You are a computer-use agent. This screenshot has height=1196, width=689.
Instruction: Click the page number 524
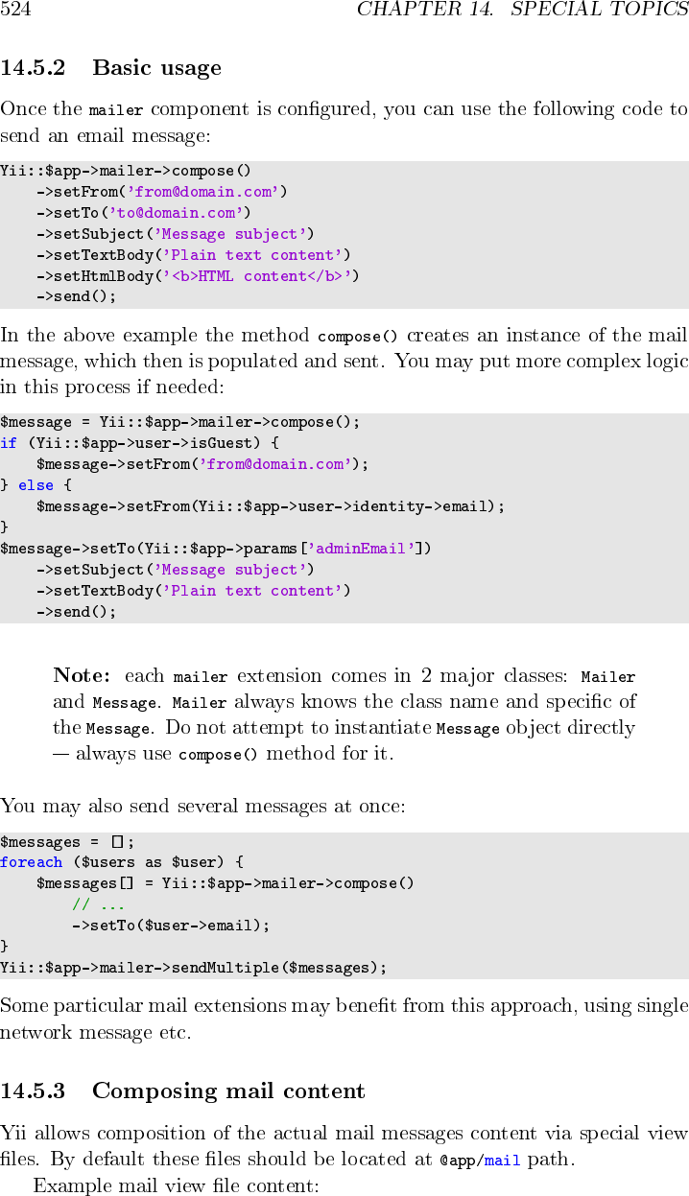click(x=15, y=11)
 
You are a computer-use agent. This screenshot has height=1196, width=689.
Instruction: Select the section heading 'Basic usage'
click(x=156, y=68)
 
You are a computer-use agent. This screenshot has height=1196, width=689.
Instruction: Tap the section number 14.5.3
click(x=33, y=1091)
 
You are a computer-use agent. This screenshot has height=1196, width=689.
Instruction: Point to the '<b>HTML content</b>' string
click(x=260, y=276)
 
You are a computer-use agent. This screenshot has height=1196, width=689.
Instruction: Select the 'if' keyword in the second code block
click(x=9, y=443)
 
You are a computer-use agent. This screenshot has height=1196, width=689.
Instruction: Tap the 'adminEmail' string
click(x=365, y=549)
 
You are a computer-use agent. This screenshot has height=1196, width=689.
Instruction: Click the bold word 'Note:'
click(x=82, y=676)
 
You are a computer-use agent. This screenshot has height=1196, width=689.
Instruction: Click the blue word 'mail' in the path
click(x=502, y=1161)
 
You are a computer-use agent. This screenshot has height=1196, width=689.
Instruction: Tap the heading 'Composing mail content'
click(x=228, y=1091)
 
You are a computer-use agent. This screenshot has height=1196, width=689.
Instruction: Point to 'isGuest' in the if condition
click(x=225, y=443)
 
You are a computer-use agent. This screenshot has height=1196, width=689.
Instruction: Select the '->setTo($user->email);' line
click(x=170, y=926)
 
